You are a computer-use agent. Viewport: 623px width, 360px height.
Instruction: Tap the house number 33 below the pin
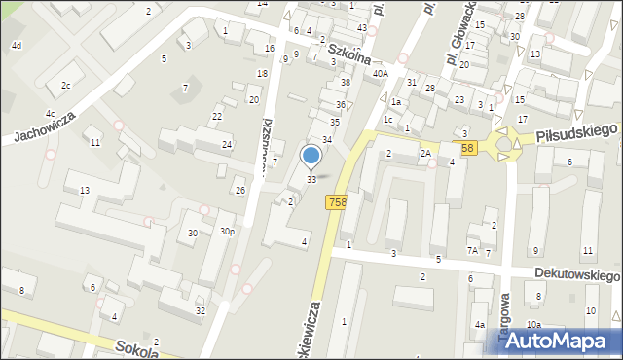click(x=311, y=179)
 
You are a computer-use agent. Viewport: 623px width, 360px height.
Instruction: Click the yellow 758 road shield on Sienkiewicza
click(x=337, y=201)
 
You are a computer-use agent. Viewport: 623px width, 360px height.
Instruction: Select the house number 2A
click(x=425, y=154)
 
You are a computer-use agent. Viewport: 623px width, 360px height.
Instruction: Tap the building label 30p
click(x=227, y=232)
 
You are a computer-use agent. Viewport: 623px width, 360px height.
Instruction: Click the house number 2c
click(x=65, y=86)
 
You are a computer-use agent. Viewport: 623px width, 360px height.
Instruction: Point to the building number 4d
click(x=16, y=46)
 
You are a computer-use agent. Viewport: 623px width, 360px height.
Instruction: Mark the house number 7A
click(x=473, y=251)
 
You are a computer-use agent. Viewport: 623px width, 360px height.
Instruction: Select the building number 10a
click(x=533, y=325)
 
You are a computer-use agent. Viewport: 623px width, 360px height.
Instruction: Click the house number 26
click(x=239, y=190)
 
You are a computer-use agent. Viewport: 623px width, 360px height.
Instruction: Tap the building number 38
click(x=345, y=83)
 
